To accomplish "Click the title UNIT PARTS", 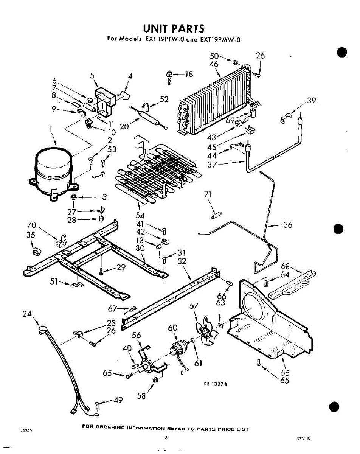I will pyautogui.click(x=174, y=29).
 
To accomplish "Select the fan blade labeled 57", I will pyautogui.click(x=205, y=332).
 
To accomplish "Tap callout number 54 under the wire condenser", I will pyautogui.click(x=140, y=215).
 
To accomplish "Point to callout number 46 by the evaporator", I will pyautogui.click(x=214, y=64).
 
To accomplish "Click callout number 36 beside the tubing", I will pyautogui.click(x=288, y=225).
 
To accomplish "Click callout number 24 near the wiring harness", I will pyautogui.click(x=27, y=314).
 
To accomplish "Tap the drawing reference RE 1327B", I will pyautogui.click(x=214, y=384).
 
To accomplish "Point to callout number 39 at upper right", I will pyautogui.click(x=311, y=101).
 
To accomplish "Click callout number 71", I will pyautogui.click(x=208, y=195).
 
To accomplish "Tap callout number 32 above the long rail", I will pyautogui.click(x=182, y=261).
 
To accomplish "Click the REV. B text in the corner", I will pyautogui.click(x=303, y=439).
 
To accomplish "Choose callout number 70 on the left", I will pyautogui.click(x=31, y=225).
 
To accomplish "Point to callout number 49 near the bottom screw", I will pyautogui.click(x=118, y=400).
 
